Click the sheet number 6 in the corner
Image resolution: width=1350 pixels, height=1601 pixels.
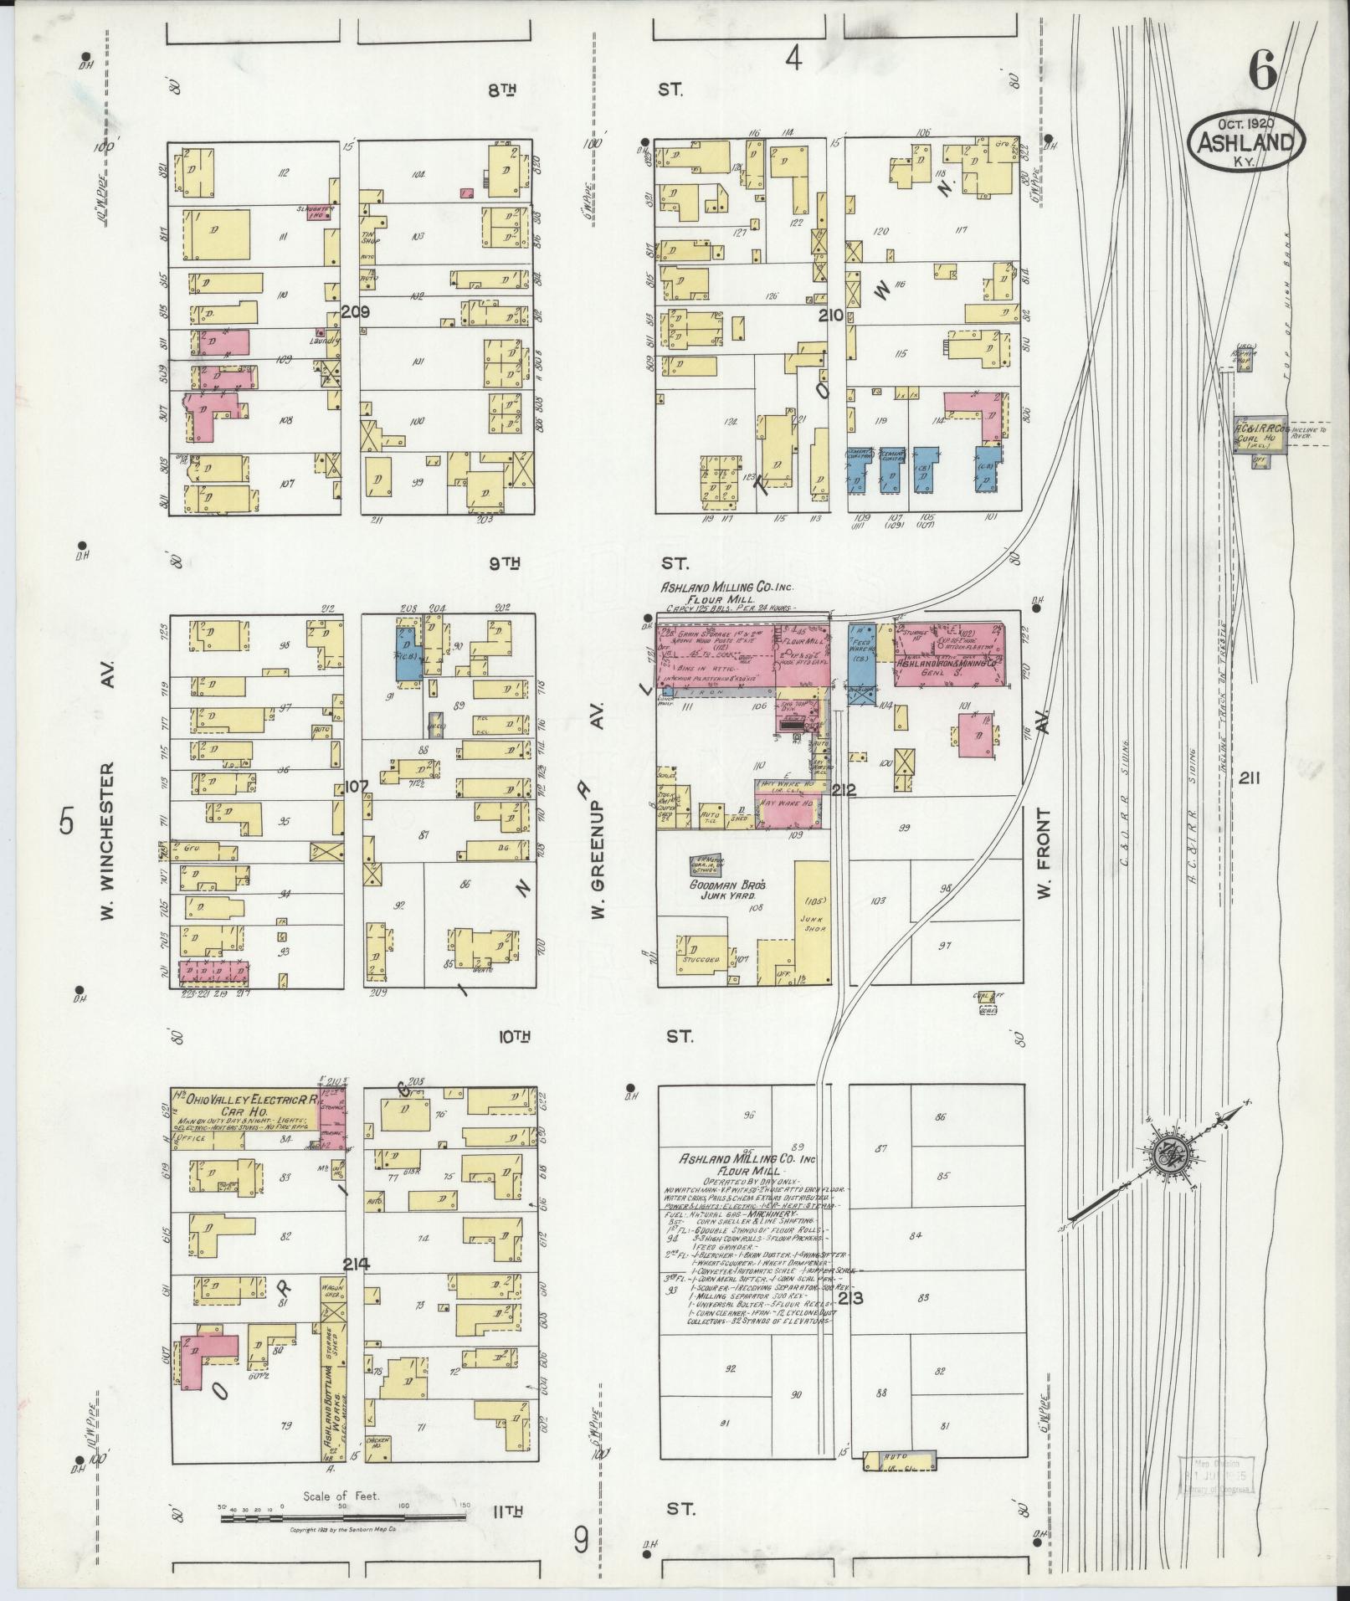pyautogui.click(x=1263, y=72)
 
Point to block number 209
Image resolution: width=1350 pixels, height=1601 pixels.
pyautogui.click(x=356, y=312)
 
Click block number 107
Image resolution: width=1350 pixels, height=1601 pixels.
pyautogui.click(x=355, y=788)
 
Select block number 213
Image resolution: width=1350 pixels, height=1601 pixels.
pyautogui.click(x=855, y=1322)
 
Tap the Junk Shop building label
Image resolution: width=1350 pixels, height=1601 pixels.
pyautogui.click(x=808, y=935)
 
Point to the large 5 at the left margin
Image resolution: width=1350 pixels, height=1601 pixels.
pyautogui.click(x=66, y=824)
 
